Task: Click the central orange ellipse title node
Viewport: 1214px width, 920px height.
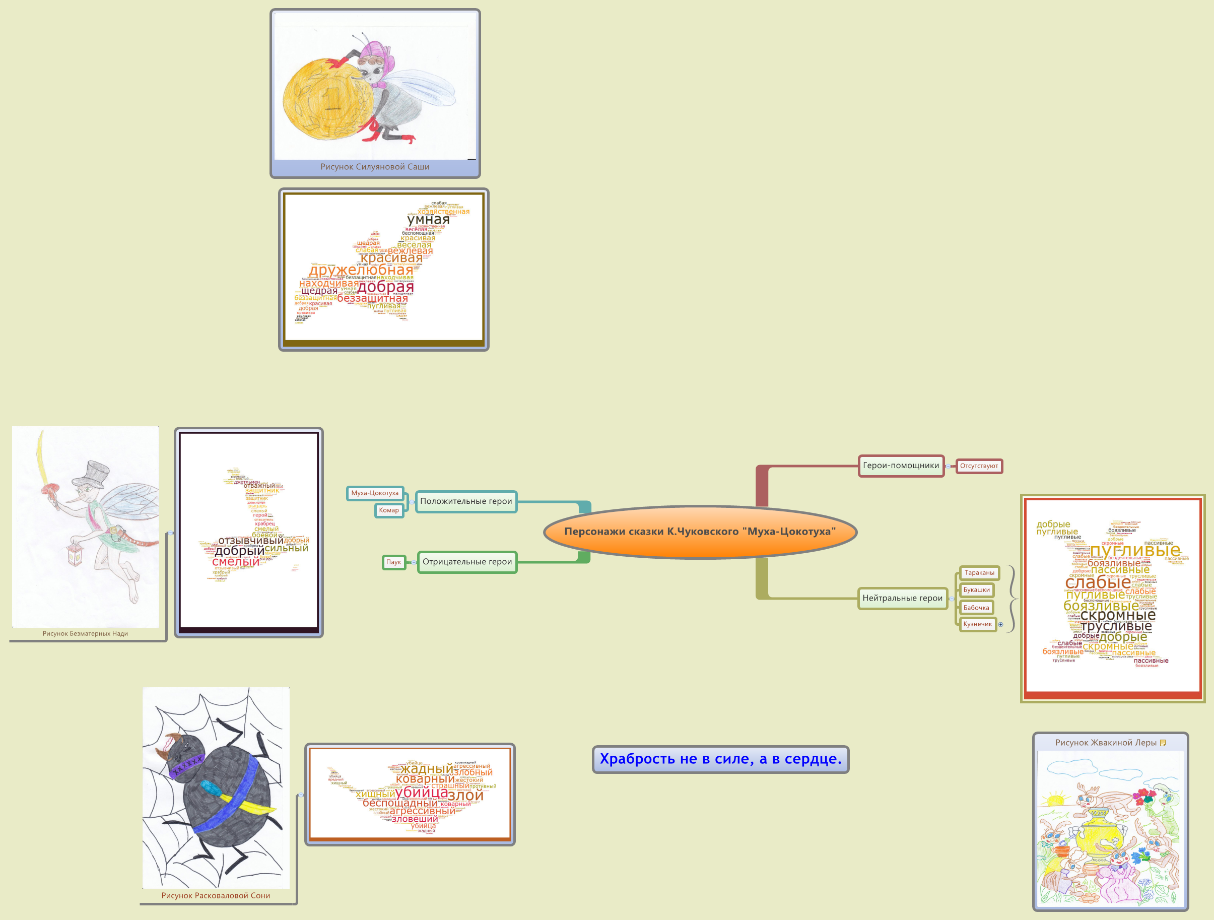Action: [700, 532]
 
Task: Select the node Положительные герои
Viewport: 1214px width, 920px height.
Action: [466, 501]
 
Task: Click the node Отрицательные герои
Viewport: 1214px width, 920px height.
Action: [467, 562]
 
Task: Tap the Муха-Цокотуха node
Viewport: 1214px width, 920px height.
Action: [375, 493]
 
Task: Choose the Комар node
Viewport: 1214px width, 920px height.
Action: [388, 510]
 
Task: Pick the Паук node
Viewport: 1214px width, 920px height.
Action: [393, 562]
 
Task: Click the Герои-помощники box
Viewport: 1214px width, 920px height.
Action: [901, 466]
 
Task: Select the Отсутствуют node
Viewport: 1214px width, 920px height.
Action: [979, 466]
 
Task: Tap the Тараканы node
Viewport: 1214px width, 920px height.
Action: [979, 572]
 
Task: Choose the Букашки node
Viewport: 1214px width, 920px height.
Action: [976, 589]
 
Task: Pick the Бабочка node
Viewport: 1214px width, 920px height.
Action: [976, 608]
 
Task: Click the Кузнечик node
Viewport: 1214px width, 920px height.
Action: [977, 624]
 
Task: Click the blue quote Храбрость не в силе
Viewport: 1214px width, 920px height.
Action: [720, 759]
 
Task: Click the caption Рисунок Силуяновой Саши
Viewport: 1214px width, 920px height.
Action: [375, 167]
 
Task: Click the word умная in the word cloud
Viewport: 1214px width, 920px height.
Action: [428, 220]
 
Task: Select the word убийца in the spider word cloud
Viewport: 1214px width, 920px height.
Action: [421, 793]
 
